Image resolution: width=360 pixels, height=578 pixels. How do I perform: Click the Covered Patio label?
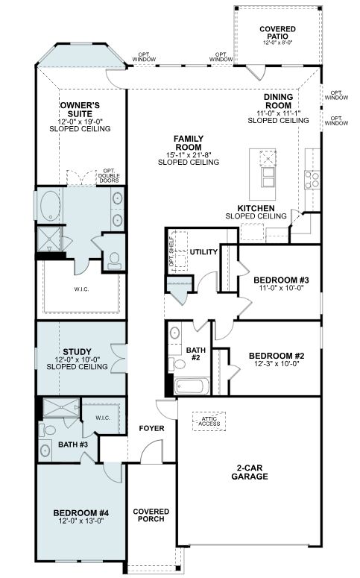click(x=277, y=32)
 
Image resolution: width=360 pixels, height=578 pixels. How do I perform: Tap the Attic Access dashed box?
click(x=209, y=421)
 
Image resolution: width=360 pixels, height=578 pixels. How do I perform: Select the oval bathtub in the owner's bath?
click(x=51, y=206)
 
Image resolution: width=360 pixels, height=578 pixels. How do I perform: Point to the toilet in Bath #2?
click(x=177, y=364)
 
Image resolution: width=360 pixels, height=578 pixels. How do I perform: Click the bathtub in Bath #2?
click(x=189, y=386)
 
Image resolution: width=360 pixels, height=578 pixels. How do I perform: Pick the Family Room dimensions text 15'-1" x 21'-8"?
click(x=189, y=155)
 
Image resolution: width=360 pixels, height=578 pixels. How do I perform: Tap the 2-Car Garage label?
click(x=250, y=472)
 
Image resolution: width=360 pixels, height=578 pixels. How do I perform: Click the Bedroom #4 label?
click(x=81, y=513)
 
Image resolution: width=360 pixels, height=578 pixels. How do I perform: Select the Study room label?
click(x=77, y=352)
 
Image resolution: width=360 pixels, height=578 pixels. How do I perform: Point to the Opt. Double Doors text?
click(x=109, y=176)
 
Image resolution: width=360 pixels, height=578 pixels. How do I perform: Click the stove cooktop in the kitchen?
click(x=312, y=180)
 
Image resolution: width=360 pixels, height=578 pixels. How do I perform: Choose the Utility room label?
click(x=203, y=252)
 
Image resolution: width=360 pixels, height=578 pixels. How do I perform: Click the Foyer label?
click(x=151, y=428)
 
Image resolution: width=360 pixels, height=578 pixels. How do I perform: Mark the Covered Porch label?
click(x=151, y=515)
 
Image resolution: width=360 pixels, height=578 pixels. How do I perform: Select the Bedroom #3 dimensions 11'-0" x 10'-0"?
click(x=281, y=288)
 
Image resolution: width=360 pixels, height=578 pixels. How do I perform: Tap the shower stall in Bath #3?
click(x=61, y=407)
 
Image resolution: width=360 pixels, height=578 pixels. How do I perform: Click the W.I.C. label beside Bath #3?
click(x=103, y=418)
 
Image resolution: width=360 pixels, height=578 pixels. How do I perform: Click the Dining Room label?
click(x=278, y=101)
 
